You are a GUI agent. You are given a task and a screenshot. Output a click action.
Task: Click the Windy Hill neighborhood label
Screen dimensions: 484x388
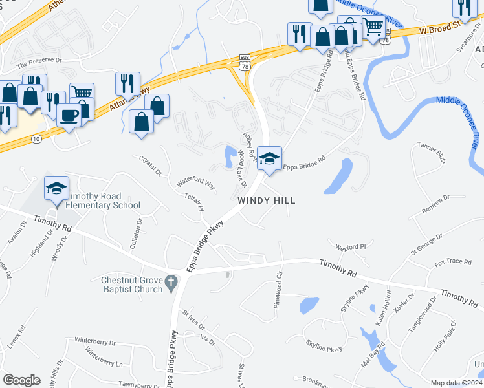(266, 200)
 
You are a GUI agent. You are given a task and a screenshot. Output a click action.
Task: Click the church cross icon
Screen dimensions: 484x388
(171, 282)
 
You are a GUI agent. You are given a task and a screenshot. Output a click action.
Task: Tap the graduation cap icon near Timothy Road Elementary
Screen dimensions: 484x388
(56, 188)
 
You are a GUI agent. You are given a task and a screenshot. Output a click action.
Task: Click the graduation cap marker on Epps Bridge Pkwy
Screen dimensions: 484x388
(269, 157)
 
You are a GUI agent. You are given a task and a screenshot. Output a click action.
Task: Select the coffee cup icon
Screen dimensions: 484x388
(69, 115)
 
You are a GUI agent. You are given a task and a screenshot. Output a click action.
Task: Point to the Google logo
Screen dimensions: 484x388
(21, 380)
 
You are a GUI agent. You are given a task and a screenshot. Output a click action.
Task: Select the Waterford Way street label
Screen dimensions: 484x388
(195, 183)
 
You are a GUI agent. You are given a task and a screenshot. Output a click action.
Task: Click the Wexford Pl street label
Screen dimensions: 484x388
(350, 246)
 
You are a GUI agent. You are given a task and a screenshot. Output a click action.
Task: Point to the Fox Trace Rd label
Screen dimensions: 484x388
(453, 262)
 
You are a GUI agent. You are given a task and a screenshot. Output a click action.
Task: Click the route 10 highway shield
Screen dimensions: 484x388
(36, 139)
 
